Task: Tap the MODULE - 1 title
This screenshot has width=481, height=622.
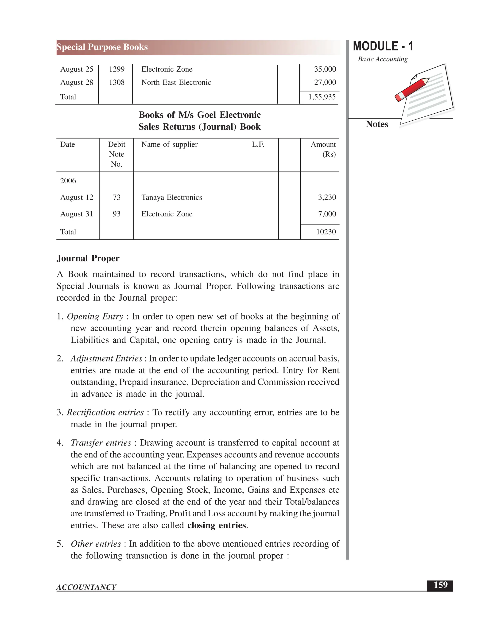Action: tap(383, 46)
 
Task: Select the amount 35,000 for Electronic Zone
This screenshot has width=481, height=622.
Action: tap(325, 69)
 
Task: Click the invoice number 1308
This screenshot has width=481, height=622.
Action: tap(116, 82)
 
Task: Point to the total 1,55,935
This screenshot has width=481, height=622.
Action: tap(322, 97)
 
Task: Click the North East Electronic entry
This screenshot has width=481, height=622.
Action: tap(176, 82)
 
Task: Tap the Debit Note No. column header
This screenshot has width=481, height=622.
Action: tap(116, 154)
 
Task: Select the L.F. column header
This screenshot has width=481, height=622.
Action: tap(258, 144)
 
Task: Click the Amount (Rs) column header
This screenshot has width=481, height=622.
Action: tap(323, 149)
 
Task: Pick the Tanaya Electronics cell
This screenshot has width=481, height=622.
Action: tap(171, 197)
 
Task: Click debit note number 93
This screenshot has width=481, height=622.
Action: tap(116, 214)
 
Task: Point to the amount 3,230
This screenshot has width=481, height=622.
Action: tap(327, 197)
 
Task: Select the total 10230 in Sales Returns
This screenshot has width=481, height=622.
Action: tap(326, 232)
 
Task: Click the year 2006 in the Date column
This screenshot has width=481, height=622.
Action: tap(68, 181)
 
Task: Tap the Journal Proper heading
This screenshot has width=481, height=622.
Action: tap(88, 258)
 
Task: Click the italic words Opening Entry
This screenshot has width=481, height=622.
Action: tap(95, 316)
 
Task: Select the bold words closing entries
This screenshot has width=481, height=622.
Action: tap(217, 525)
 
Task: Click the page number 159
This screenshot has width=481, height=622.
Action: tap(440, 585)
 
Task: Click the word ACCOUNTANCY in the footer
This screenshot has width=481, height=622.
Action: tap(86, 587)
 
